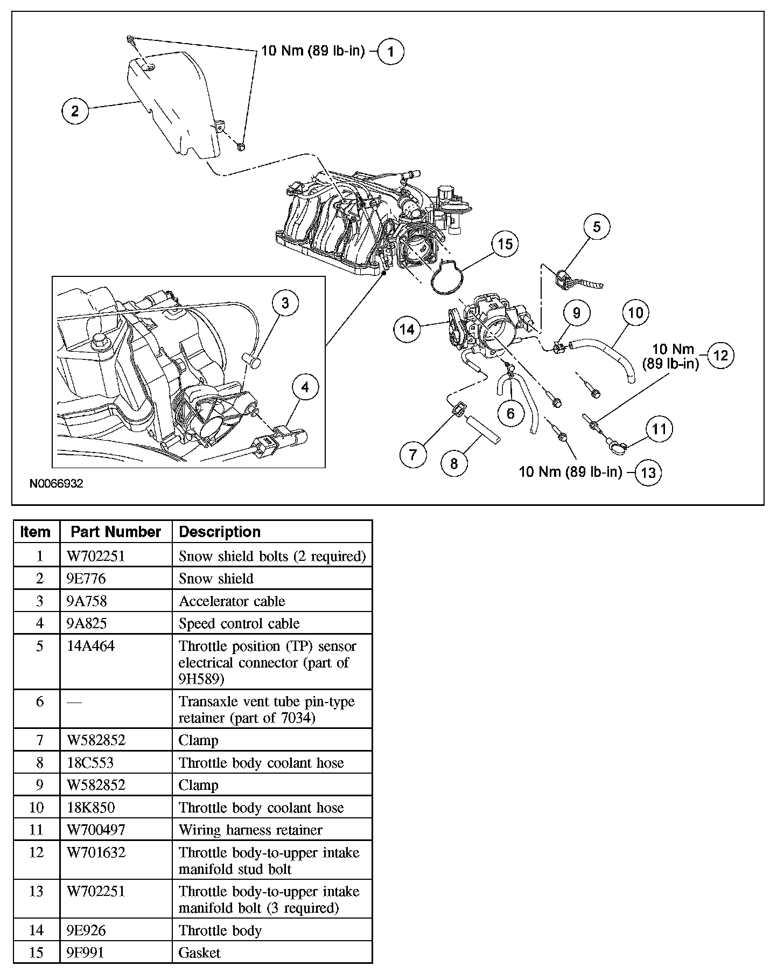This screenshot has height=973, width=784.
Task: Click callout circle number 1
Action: click(x=390, y=52)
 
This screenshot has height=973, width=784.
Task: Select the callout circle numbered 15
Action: click(x=505, y=244)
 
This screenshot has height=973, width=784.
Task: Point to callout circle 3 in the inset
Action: click(x=285, y=303)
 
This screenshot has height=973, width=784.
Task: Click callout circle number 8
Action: click(x=454, y=463)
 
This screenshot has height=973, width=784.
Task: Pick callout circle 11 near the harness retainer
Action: click(x=659, y=429)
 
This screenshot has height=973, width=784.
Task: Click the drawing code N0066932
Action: click(x=57, y=484)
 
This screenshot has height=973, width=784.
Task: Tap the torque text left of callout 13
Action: click(x=570, y=472)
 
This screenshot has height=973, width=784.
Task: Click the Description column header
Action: click(x=220, y=532)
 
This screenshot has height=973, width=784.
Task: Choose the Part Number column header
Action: click(x=116, y=532)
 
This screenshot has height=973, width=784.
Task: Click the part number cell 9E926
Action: click(x=86, y=930)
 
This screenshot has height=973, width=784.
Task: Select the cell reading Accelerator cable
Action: click(x=232, y=601)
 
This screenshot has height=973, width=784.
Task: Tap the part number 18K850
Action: click(x=90, y=808)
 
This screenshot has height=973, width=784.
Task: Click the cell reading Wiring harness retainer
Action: click(x=250, y=830)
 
